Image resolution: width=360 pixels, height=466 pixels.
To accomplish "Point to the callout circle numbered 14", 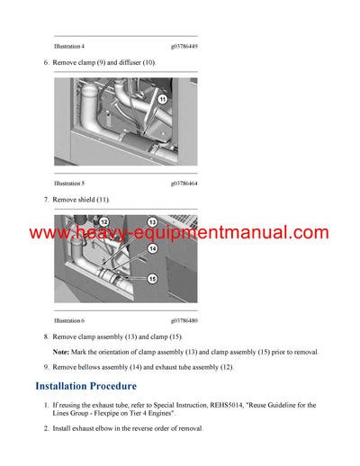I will coord(153,249).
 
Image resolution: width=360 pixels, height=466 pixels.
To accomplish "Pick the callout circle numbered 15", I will coord(153,278).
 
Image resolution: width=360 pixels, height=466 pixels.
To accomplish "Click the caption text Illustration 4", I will coord(69,46).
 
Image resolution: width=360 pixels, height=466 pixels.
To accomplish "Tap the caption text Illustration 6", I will coord(69,320).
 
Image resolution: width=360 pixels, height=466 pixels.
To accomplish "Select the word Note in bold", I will coord(60,352).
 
